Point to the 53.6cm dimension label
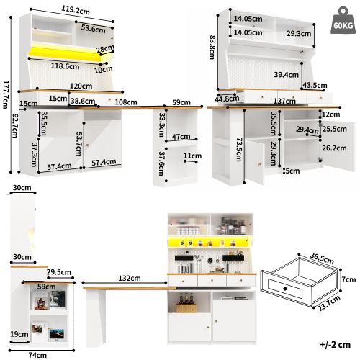click(94, 29)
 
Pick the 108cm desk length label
click(126, 102)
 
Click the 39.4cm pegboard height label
click(286, 74)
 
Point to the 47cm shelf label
click(181, 136)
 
